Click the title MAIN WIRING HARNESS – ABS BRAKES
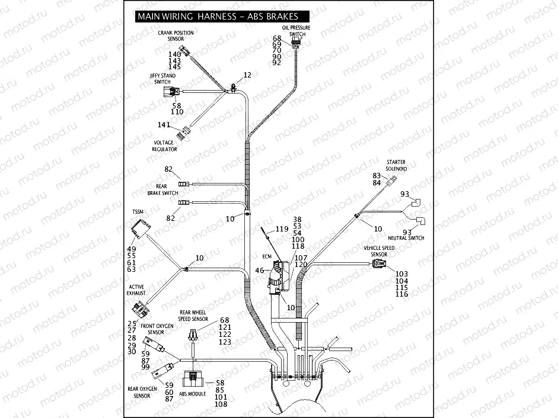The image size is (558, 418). [x=218, y=17]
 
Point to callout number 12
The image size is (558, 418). [x=247, y=75]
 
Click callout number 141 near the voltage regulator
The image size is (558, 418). [x=164, y=125]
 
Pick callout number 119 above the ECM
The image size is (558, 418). [x=282, y=229]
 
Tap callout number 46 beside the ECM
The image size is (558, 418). [x=259, y=271]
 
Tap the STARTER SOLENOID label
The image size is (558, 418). [x=396, y=165]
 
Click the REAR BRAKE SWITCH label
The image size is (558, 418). [x=162, y=189]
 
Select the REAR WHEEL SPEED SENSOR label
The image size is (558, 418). [x=193, y=315]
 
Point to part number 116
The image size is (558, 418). [x=401, y=294]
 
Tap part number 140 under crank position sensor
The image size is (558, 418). [x=174, y=54]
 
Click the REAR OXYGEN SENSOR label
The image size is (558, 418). [x=142, y=392]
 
